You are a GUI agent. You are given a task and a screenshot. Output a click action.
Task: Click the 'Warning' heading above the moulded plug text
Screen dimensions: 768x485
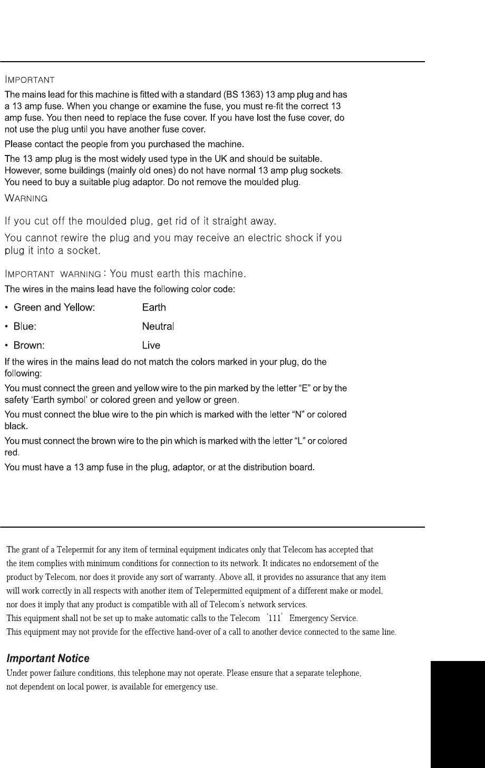tap(26, 199)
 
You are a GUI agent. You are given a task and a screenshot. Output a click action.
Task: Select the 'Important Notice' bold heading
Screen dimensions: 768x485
tap(47, 658)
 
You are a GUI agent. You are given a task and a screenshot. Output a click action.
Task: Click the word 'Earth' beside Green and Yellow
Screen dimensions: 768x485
tap(154, 307)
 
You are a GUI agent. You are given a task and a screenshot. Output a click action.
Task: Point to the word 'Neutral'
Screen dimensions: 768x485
tap(158, 326)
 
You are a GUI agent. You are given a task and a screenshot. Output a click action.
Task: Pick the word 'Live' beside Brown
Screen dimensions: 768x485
tap(151, 346)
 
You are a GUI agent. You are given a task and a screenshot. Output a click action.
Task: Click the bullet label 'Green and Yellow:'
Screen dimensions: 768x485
tap(54, 307)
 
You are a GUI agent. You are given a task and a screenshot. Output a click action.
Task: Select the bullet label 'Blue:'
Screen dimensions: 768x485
tap(25, 326)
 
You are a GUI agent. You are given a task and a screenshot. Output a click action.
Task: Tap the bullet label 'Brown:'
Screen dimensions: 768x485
tap(29, 346)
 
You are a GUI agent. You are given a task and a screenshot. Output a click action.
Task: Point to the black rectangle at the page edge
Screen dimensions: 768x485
tap(457, 714)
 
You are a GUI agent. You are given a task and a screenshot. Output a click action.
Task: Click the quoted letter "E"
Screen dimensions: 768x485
tap(294, 388)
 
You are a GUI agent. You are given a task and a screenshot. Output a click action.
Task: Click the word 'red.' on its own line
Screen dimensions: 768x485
tap(12, 452)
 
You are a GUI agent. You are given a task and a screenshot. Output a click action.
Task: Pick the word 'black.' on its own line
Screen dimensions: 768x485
tap(16, 426)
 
